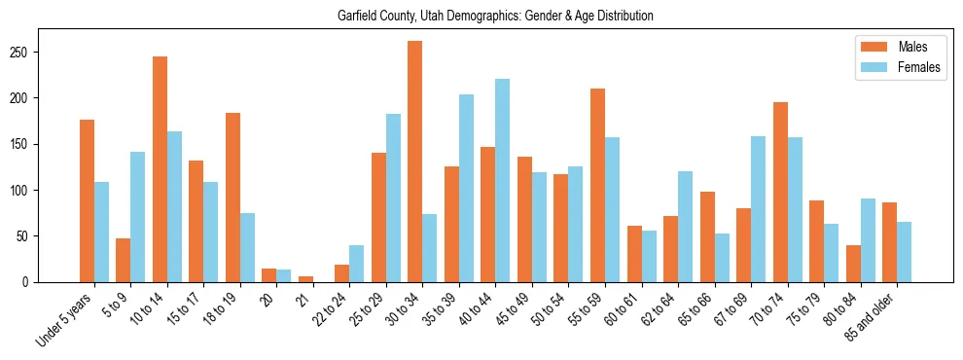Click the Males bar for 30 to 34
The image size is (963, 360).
tap(415, 162)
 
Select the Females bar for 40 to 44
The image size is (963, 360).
tap(503, 181)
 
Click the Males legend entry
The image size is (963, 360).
tap(899, 47)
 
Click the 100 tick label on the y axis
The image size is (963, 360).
tap(27, 190)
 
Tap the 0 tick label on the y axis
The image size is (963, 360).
tap(31, 282)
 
